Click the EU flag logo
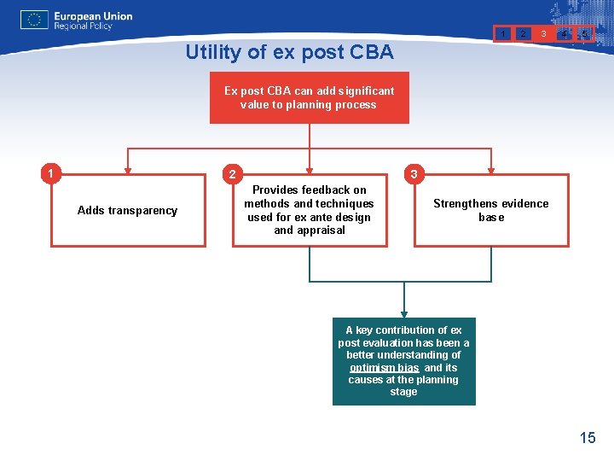(x=34, y=20)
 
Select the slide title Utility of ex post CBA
(x=289, y=52)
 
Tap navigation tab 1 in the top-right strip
(x=504, y=33)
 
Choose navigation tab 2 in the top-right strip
(x=523, y=33)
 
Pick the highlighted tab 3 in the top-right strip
(x=543, y=33)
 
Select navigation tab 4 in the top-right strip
(x=565, y=34)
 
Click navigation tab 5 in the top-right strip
(x=585, y=34)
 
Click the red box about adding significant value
(x=309, y=97)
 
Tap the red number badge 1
(x=52, y=174)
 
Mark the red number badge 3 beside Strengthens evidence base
(x=413, y=174)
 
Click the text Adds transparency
(x=127, y=211)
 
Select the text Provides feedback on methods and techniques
(x=309, y=203)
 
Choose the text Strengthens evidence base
(x=490, y=210)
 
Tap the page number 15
(x=588, y=438)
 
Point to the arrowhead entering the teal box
(x=403, y=313)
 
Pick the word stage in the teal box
(x=403, y=392)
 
